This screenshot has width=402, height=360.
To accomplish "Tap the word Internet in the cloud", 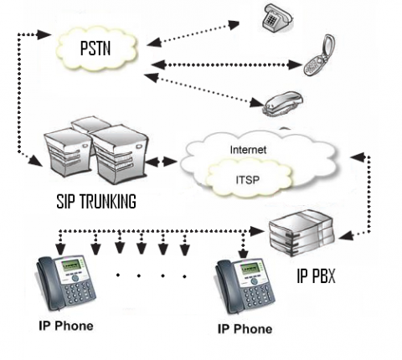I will pyautogui.click(x=248, y=150).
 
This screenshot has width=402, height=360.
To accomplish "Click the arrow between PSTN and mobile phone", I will pyautogui.click(x=226, y=64).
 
